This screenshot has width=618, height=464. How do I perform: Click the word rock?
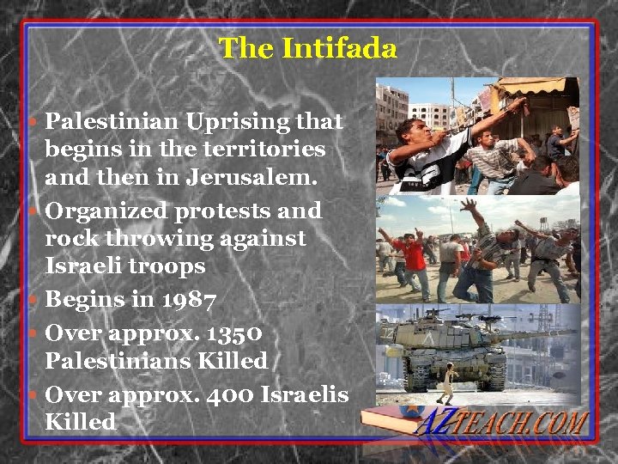70,238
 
